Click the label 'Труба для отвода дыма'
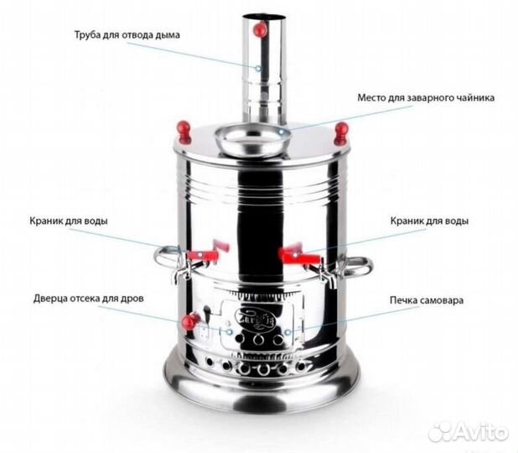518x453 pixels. coord(127,34)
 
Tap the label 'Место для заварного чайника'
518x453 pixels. coord(426,98)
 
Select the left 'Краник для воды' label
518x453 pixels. coord(69,221)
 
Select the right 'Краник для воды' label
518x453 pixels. coord(429,221)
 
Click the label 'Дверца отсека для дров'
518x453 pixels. coord(89,299)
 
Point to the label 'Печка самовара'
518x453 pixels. coord(427,300)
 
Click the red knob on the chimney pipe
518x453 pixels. coord(260,29)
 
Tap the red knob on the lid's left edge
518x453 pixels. coord(184,132)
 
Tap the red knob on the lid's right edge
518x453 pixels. coord(341,133)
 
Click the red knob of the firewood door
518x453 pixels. coord(190,321)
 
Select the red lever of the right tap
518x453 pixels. coord(296,253)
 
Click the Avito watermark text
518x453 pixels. coord(469,430)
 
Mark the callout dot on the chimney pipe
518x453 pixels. coord(258,69)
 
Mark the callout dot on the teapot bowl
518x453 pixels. coord(281,132)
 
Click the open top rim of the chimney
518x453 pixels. coord(263,16)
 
